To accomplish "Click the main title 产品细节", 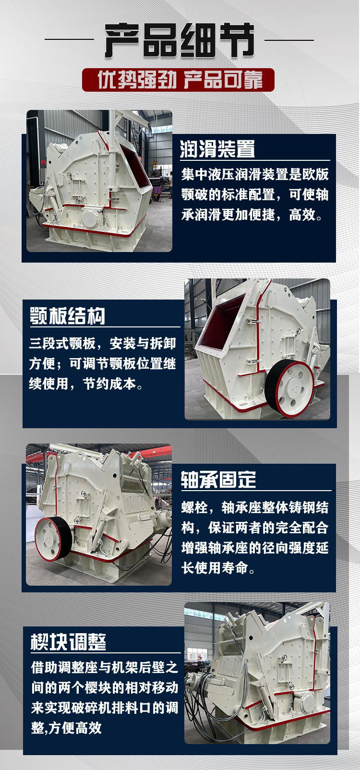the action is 180,40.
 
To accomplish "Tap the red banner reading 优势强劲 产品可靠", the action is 178,80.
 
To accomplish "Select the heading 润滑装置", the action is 217,149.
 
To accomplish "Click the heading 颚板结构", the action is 67,315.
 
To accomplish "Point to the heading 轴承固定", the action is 218,480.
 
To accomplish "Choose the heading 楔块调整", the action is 68,641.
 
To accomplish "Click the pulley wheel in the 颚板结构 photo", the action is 289,388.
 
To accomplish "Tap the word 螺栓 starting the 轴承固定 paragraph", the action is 194,507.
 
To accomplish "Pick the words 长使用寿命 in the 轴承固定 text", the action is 215,568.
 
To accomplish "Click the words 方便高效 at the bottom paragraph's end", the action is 75,728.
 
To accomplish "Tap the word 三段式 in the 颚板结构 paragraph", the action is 49,344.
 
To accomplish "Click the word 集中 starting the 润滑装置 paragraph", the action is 194,175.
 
